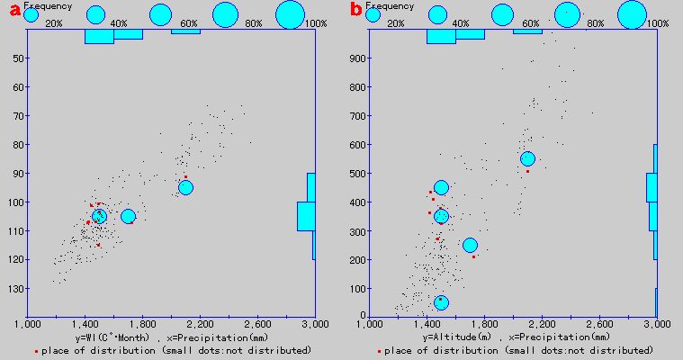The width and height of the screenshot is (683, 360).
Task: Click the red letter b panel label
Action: (356, 11)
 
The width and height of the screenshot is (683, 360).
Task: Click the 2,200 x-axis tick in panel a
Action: (200, 322)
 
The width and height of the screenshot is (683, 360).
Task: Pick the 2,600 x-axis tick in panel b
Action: (599, 322)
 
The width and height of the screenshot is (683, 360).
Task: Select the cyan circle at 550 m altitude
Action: (527, 158)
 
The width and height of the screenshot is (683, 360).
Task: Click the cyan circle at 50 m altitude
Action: (441, 302)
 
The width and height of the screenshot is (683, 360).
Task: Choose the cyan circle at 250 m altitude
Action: (470, 245)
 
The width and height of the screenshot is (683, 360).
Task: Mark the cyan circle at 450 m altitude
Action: (441, 187)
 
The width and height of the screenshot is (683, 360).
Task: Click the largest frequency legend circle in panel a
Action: (291, 14)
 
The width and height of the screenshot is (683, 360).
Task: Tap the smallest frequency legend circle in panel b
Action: (373, 14)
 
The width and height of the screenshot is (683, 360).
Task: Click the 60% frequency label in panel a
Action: (188, 22)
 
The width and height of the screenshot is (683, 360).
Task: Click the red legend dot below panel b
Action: (380, 350)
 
